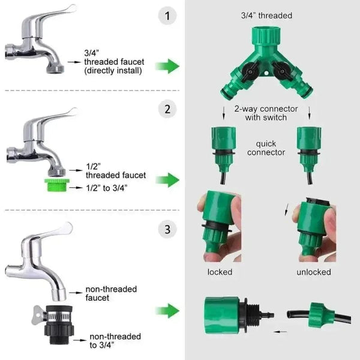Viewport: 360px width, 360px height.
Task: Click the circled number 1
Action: [x=167, y=16]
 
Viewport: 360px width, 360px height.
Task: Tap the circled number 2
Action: [x=167, y=109]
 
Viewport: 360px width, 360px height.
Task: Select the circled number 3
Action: [x=167, y=228]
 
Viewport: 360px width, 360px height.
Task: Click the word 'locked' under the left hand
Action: [x=220, y=272]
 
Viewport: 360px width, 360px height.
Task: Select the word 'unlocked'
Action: [x=313, y=272]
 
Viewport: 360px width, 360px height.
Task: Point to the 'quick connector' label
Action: [x=266, y=148]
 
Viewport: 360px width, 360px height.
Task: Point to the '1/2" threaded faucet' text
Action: [x=115, y=171]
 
